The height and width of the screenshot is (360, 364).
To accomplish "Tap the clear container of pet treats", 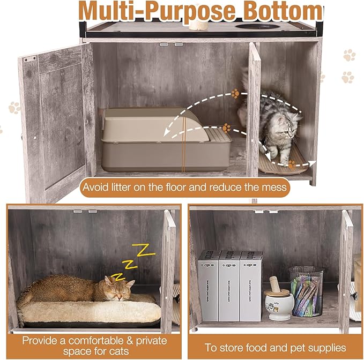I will tap(306, 292).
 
